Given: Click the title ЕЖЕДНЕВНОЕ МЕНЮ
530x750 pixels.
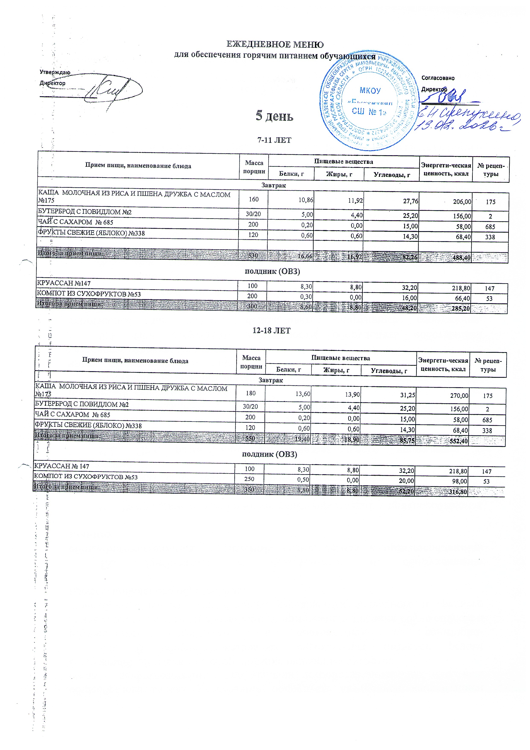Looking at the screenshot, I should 275,44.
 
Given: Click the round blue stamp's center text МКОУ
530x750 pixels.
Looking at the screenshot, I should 370,90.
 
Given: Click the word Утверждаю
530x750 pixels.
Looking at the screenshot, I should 55,72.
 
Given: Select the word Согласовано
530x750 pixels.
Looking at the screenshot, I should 438,78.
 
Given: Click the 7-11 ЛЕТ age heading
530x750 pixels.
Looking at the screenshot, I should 274,140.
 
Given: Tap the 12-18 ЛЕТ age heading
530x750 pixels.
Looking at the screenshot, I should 272,331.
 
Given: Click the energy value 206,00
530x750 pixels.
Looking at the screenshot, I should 462,202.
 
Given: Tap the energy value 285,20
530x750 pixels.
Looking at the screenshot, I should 461,308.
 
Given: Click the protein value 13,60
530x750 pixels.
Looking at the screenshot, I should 302,394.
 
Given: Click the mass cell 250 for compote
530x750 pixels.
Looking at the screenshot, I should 250,479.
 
